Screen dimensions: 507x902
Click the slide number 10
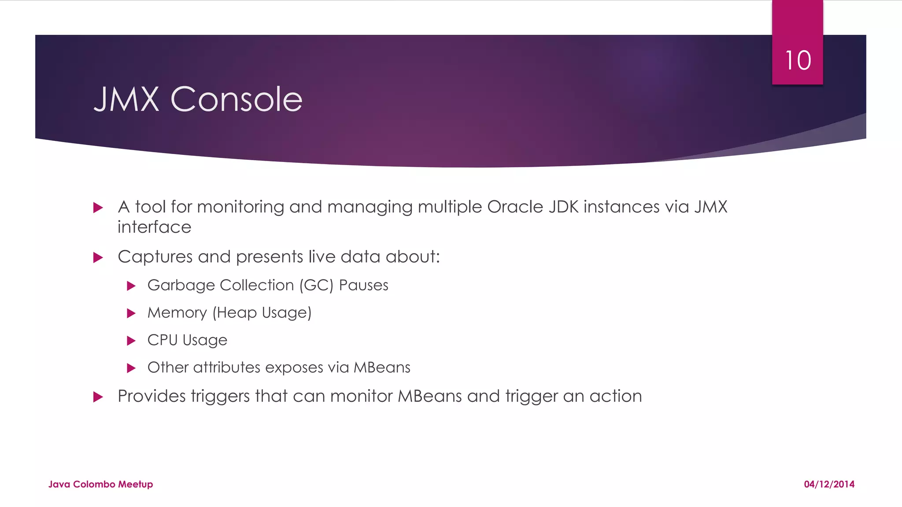pyautogui.click(x=798, y=60)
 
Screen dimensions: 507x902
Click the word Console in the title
pyautogui.click(x=236, y=99)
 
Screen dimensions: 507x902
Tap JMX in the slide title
pyautogui.click(x=126, y=99)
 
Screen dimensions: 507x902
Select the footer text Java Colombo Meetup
pyautogui.click(x=100, y=484)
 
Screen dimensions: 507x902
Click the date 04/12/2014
pyautogui.click(x=829, y=484)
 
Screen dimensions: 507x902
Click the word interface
pyautogui.click(x=154, y=227)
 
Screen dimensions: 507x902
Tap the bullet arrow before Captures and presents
pyautogui.click(x=98, y=257)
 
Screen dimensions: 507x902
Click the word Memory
pyautogui.click(x=177, y=313)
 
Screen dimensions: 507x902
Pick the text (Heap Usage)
pyautogui.click(x=262, y=313)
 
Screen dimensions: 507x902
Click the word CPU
pyautogui.click(x=162, y=340)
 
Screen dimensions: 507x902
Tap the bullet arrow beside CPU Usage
pyautogui.click(x=131, y=341)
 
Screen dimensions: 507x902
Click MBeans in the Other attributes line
pyautogui.click(x=382, y=367)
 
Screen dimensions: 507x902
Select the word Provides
pyautogui.click(x=152, y=396)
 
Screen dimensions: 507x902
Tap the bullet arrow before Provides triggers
pyautogui.click(x=98, y=397)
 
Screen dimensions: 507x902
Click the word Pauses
pyautogui.click(x=363, y=286)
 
